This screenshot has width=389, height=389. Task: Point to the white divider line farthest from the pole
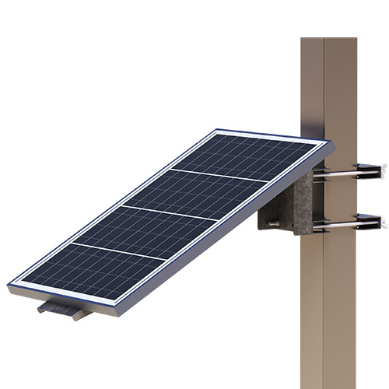click(117, 251)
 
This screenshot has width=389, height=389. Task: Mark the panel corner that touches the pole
click(327, 144)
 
